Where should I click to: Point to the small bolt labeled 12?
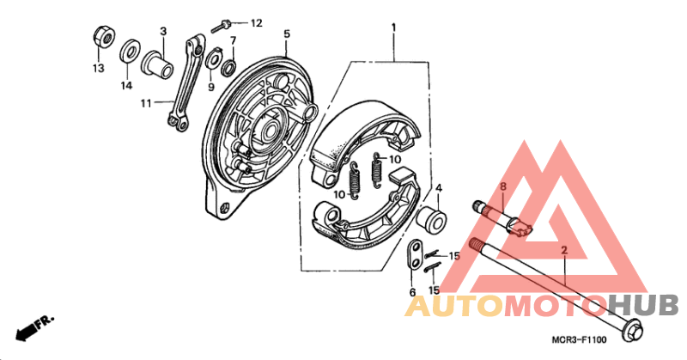point(222,26)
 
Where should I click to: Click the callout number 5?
point(287,34)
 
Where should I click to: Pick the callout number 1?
point(393,27)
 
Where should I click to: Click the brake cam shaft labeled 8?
point(502,218)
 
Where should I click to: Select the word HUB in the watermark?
point(642,306)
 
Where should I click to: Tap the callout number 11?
point(146,103)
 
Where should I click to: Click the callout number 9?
point(211,87)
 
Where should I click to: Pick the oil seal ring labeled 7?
point(228,67)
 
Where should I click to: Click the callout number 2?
point(564,250)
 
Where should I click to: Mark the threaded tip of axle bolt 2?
point(477,243)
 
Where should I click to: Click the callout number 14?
point(126,86)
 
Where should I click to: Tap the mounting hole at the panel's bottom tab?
point(226,206)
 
